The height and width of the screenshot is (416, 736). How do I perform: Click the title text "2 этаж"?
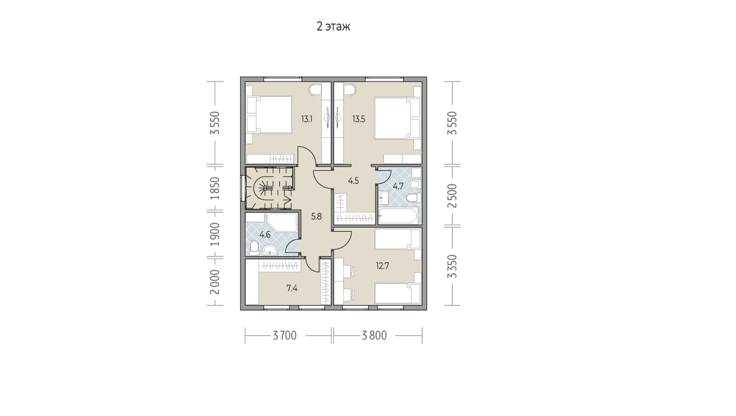click(333, 26)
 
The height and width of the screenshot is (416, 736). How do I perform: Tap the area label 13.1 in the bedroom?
click(307, 119)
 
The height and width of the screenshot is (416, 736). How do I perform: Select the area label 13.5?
click(359, 119)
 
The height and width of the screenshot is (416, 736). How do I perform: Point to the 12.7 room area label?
click(383, 266)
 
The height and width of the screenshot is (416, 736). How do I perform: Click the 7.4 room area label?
click(292, 289)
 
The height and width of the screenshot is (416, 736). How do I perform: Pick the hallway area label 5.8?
click(316, 216)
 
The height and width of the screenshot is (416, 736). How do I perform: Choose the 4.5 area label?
click(353, 181)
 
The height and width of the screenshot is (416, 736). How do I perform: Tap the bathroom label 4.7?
click(398, 186)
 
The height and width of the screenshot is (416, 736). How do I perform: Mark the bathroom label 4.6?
click(265, 235)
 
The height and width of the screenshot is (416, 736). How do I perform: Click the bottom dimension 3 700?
click(285, 336)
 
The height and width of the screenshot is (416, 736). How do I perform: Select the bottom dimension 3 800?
click(374, 336)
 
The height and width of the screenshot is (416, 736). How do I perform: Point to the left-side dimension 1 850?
click(215, 188)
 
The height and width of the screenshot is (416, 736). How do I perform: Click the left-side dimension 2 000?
click(215, 282)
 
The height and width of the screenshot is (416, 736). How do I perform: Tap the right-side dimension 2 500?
click(453, 195)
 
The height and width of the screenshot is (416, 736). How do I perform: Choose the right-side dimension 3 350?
click(453, 267)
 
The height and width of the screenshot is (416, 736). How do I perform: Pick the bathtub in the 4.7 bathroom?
click(398, 216)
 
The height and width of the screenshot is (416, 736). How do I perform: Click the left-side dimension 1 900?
click(215, 234)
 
